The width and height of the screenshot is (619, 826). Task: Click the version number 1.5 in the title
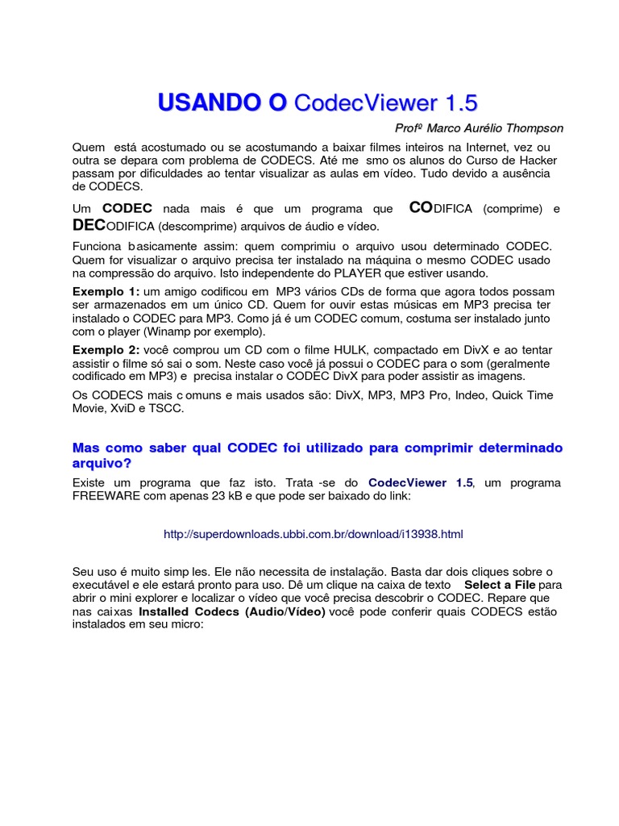(x=459, y=103)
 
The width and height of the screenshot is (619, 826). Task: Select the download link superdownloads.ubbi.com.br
(x=313, y=534)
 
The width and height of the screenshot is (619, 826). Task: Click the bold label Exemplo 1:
(x=106, y=290)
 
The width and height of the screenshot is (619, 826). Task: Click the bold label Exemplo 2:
(x=106, y=349)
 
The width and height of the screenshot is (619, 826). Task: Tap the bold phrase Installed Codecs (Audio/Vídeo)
(x=232, y=611)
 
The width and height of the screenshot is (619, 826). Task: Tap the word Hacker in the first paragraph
(x=528, y=160)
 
